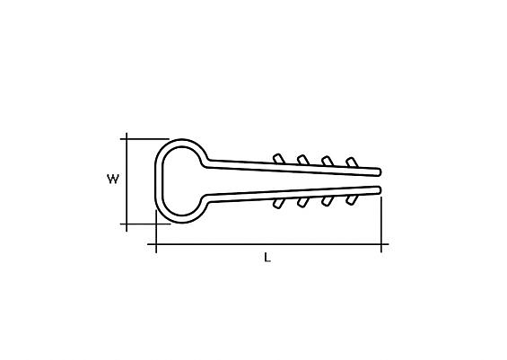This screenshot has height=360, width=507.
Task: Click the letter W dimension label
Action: click(x=113, y=179)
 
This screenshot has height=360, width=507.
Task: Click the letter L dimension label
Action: click(x=267, y=258)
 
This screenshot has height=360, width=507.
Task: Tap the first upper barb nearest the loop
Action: click(x=278, y=159)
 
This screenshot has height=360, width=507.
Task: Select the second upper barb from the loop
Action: click(x=303, y=160)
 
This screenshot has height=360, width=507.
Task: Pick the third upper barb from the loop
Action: click(x=328, y=161)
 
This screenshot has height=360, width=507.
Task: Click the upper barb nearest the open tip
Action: click(x=352, y=162)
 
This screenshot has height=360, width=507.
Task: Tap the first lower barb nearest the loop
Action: click(x=278, y=204)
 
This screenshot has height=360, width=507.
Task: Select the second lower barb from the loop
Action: click(x=302, y=203)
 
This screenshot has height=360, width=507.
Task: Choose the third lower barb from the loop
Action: click(x=327, y=201)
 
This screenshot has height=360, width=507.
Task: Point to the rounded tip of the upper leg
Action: click(x=380, y=172)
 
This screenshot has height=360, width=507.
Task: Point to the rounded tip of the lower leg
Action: click(x=380, y=189)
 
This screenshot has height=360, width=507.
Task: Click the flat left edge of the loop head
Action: click(x=159, y=181)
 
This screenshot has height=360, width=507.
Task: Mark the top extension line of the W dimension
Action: click(x=144, y=139)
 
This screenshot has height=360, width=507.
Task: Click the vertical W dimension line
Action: click(x=127, y=182)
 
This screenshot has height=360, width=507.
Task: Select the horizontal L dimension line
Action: click(x=268, y=244)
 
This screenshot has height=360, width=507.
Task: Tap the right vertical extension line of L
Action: click(x=381, y=224)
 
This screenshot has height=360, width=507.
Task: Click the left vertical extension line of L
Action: click(x=156, y=232)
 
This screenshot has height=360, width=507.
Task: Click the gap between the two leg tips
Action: click(x=380, y=181)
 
